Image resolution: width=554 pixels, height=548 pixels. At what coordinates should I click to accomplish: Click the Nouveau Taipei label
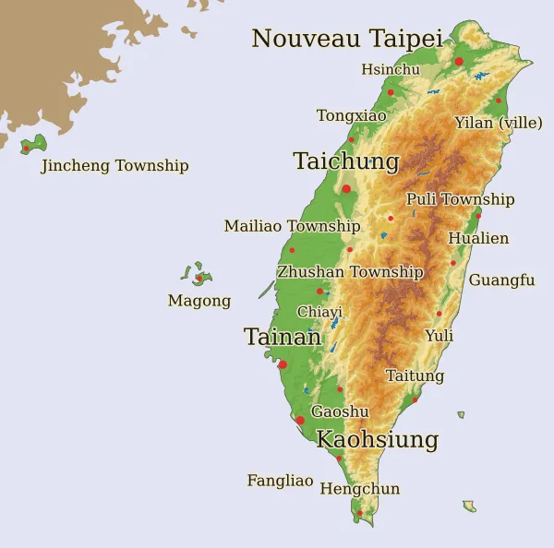(347, 39)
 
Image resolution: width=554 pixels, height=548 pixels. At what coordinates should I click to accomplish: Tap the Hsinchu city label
(391, 69)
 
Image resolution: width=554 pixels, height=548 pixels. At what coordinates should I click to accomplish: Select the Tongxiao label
(352, 115)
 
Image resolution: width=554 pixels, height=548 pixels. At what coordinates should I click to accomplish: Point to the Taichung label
(346, 161)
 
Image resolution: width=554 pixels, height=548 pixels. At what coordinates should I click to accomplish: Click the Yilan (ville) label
(499, 123)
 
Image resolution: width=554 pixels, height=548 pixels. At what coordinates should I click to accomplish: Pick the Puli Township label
(460, 199)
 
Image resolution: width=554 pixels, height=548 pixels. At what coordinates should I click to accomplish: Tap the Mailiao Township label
(292, 226)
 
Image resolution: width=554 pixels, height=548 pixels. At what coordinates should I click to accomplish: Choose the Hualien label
(478, 238)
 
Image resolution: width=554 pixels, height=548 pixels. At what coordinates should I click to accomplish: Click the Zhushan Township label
(350, 272)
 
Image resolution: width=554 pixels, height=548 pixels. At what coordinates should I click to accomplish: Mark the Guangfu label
(501, 280)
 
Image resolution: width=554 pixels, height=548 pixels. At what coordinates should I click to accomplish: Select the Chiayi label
(319, 312)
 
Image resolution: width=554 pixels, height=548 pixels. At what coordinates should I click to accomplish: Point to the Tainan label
(283, 338)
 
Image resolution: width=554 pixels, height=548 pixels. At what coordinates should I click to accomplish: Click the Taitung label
(415, 375)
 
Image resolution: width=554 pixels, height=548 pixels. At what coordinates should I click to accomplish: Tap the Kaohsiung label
(377, 439)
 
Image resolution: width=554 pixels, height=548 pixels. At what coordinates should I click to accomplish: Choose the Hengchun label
(360, 488)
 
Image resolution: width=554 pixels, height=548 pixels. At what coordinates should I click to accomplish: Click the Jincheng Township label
(114, 166)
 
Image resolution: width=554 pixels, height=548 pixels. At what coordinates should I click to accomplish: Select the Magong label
(199, 301)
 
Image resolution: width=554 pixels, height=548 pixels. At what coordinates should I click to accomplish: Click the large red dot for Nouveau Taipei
(459, 61)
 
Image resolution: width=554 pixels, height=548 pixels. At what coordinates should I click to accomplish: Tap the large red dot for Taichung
(346, 189)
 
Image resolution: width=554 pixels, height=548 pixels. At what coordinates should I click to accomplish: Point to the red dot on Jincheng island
(26, 149)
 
